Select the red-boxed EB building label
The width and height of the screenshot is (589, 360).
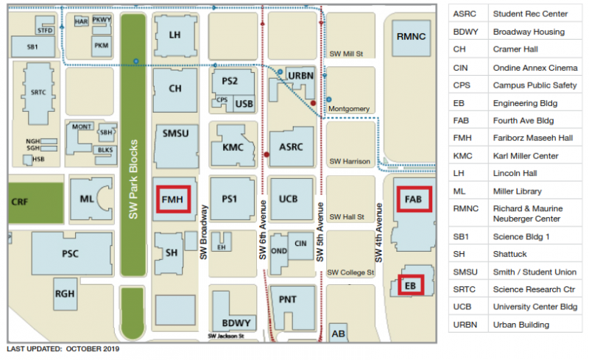click(410, 285)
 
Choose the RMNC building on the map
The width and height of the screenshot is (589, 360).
click(410, 36)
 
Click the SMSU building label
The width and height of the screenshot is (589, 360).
click(174, 133)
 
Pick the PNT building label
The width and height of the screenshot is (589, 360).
click(288, 298)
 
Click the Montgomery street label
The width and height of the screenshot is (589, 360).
click(348, 109)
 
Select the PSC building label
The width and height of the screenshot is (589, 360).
click(71, 253)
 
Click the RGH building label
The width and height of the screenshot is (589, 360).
click(65, 294)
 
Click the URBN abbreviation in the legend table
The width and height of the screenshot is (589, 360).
click(465, 325)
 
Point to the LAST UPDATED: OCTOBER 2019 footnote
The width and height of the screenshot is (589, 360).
click(63, 349)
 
